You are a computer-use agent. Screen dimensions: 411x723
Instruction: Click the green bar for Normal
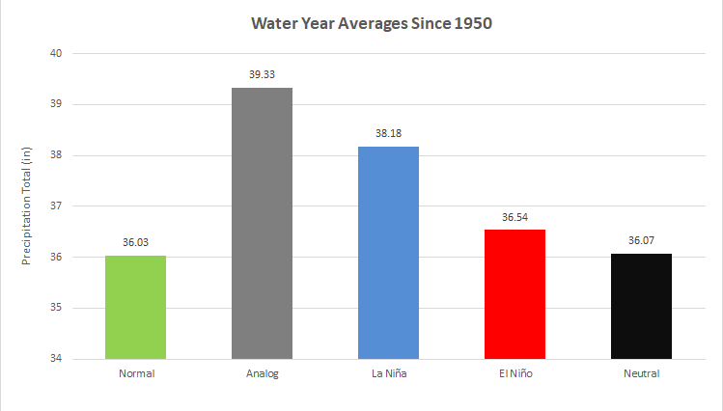tap(136, 307)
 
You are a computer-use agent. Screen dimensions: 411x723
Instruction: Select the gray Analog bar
tap(262, 223)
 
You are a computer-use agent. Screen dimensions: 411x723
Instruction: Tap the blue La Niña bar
tap(388, 252)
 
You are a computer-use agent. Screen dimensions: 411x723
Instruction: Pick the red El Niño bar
tap(514, 294)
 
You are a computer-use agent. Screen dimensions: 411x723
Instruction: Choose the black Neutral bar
tap(640, 306)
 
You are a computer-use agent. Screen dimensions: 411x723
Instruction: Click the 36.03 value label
tap(136, 243)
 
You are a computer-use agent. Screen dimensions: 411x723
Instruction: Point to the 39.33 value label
tap(262, 75)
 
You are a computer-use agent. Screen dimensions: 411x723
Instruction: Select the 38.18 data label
tap(388, 134)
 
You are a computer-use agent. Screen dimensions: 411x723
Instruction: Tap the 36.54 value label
tap(514, 217)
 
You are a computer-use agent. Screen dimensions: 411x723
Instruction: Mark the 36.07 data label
tap(640, 241)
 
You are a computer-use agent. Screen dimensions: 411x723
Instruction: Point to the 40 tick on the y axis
tap(56, 53)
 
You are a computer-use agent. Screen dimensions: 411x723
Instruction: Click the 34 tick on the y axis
tap(56, 359)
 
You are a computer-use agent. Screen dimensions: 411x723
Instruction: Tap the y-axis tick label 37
tap(56, 205)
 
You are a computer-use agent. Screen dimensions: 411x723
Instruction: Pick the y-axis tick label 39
tap(56, 104)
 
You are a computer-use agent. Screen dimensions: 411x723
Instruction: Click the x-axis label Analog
tap(262, 373)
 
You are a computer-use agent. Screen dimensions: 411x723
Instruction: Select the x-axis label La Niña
tap(388, 373)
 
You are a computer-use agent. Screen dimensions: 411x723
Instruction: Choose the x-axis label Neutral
tap(640, 373)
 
